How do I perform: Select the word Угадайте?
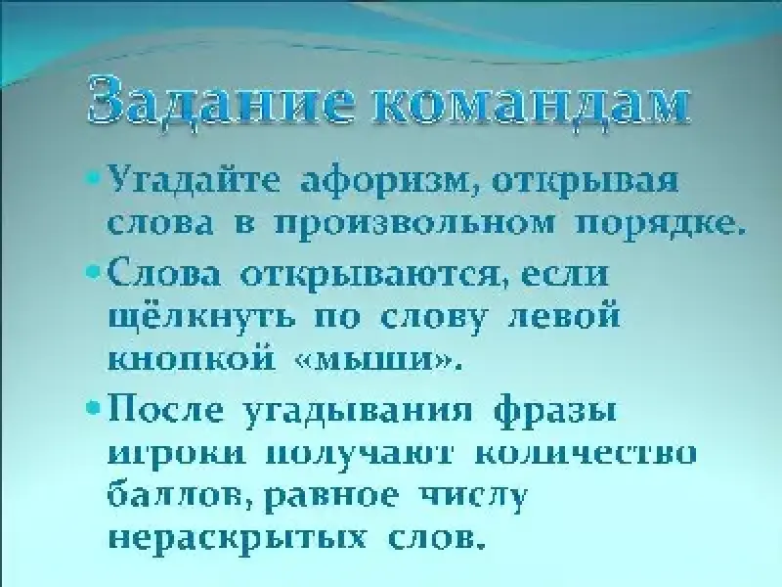point(194,180)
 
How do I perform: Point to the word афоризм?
point(387,180)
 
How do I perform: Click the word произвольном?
point(413,224)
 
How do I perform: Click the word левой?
point(564,316)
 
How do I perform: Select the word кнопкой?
point(192,358)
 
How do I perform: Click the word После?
point(165,410)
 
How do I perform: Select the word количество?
point(585,455)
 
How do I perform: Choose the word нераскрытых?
point(237,538)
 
